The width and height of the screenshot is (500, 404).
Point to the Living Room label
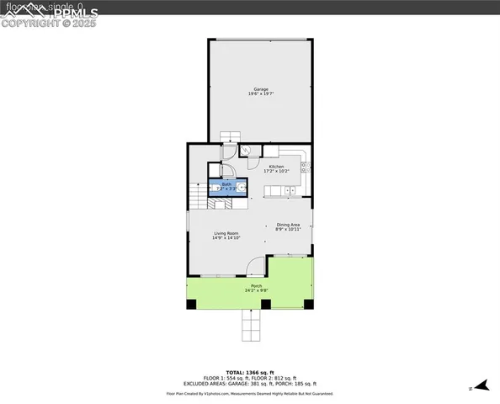click(226, 235)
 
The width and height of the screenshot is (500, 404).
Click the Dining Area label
click(288, 226)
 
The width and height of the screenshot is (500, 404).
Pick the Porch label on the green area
click(256, 288)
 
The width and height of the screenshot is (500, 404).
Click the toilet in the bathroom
click(214, 188)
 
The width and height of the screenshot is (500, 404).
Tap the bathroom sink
click(242, 187)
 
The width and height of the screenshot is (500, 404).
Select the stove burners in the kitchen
click(305, 167)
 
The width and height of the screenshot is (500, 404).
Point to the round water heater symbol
click(246, 151)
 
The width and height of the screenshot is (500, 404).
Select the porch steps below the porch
click(252, 325)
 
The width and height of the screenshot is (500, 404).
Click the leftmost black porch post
click(191, 304)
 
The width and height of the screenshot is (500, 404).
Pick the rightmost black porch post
click(310, 304)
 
